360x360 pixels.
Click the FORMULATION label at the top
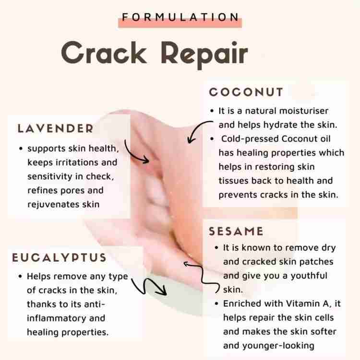click(180, 17)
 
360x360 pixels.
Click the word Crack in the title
click(104, 53)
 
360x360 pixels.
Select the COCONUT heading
click(246, 93)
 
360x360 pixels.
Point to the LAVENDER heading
click(55, 128)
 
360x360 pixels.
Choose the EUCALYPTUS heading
click(60, 257)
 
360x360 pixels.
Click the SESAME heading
click(236, 231)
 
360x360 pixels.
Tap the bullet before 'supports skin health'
click(21, 149)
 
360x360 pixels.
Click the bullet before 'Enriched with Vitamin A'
click(216, 304)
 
